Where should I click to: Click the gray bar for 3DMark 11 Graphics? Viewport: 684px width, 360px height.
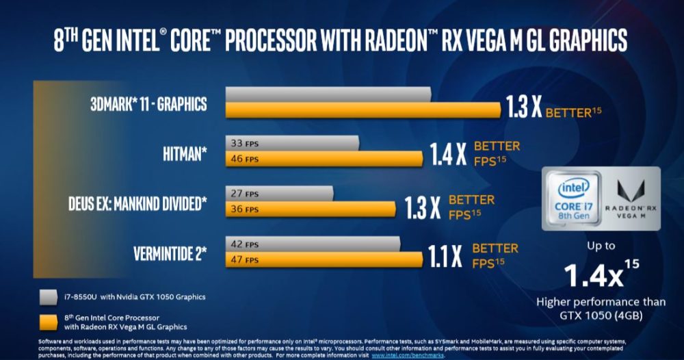pyautogui.click(x=328, y=94)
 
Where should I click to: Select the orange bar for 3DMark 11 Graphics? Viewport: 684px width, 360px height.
pyautogui.click(x=363, y=110)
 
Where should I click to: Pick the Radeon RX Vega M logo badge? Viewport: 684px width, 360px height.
pyautogui.click(x=633, y=198)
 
